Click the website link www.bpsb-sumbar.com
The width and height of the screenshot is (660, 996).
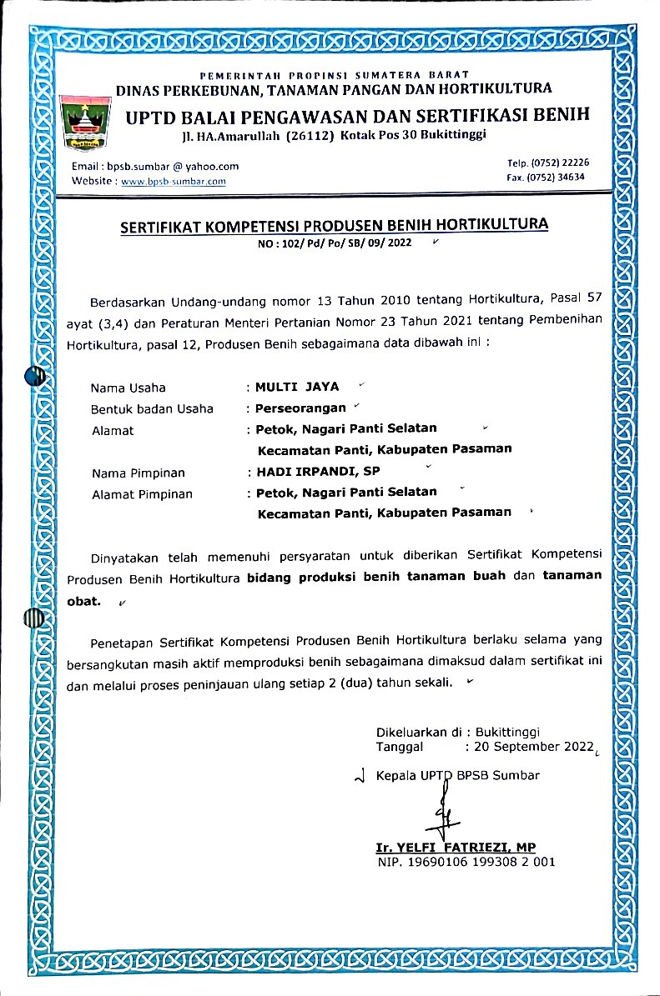click(x=174, y=181)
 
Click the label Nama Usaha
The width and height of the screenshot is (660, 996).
click(x=128, y=388)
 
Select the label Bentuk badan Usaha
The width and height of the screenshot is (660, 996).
click(x=152, y=408)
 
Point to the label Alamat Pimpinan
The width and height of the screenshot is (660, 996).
click(x=142, y=494)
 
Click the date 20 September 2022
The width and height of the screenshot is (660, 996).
click(x=533, y=747)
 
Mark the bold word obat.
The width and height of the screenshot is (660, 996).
click(x=83, y=599)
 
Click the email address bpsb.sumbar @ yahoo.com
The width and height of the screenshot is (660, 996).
click(x=155, y=167)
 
